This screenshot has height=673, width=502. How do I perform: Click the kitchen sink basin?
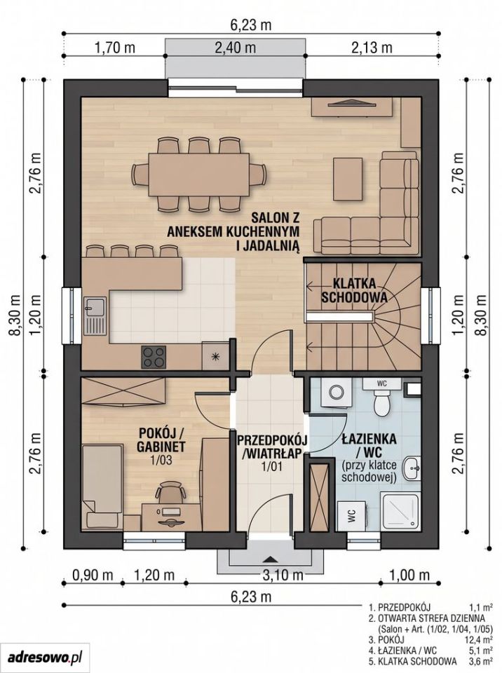point(95,305)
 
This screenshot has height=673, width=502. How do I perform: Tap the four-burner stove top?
point(154,357)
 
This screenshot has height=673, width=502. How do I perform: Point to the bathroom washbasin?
point(413,469)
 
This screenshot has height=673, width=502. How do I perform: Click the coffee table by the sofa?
point(348,178)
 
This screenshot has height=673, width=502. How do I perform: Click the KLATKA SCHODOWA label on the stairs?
point(354,290)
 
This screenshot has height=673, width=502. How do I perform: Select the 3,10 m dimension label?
point(282,574)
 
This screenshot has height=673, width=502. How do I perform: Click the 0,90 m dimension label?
point(91,574)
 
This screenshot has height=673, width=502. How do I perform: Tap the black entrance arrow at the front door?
point(269,559)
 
